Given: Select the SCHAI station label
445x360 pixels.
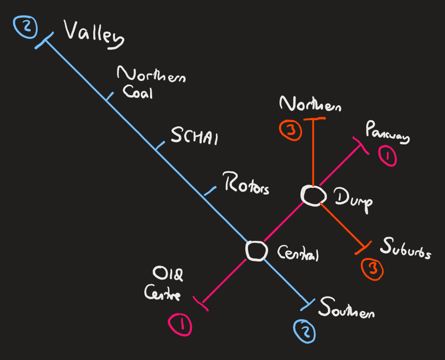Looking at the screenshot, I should coord(194,138).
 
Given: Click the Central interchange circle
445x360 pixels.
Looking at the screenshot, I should coord(256,251).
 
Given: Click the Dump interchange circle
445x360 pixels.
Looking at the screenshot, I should coord(313,195).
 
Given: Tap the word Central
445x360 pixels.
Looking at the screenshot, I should coord(299,254).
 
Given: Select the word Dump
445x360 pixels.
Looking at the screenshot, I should coord(353,199).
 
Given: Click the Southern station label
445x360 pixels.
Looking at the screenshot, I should coord(346,309).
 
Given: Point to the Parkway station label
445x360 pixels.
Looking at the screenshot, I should coord(388,133).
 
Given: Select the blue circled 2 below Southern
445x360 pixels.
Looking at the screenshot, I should coord(304,331).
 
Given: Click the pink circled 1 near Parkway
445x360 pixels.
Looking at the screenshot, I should coord(388,156).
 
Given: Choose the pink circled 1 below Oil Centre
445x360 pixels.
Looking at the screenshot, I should coord(180,325).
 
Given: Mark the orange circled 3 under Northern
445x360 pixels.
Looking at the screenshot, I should coord(291,130).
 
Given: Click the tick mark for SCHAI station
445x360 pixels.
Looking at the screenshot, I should coord(159,147).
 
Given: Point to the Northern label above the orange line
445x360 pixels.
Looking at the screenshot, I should coord(311,105).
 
